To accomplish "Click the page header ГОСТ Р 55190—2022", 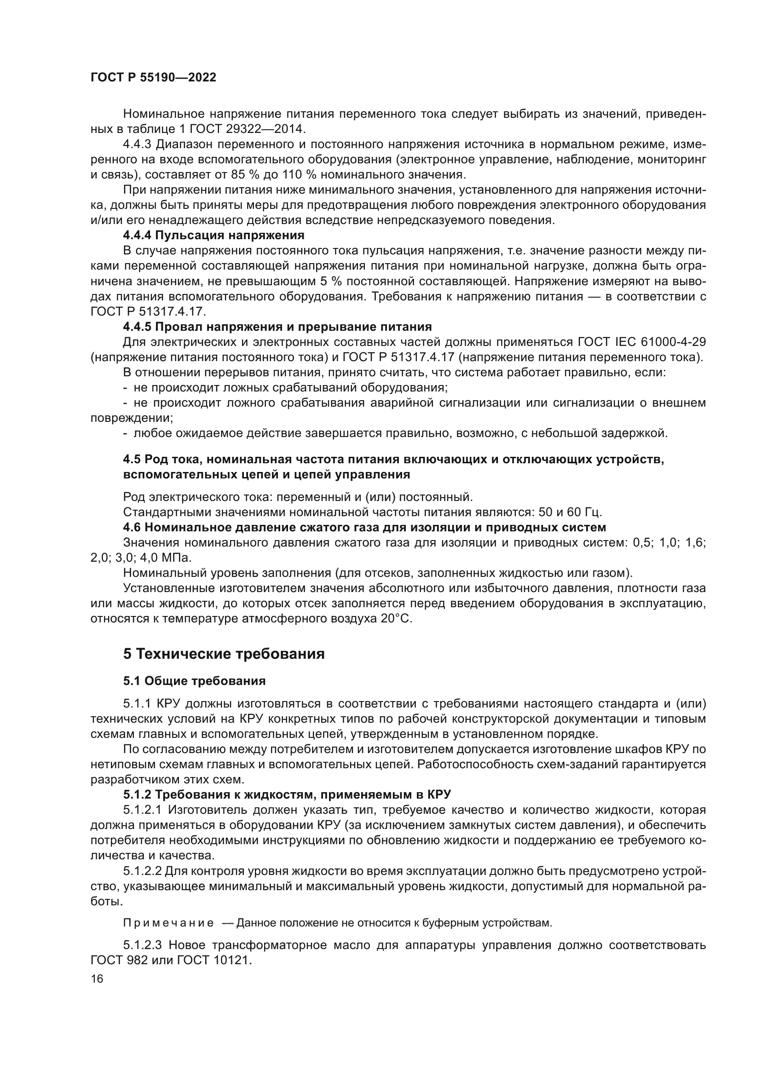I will point(153,78).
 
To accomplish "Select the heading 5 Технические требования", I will point(224,653).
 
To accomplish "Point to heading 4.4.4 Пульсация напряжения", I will point(213,235).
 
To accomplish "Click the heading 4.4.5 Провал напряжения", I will point(277,326).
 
